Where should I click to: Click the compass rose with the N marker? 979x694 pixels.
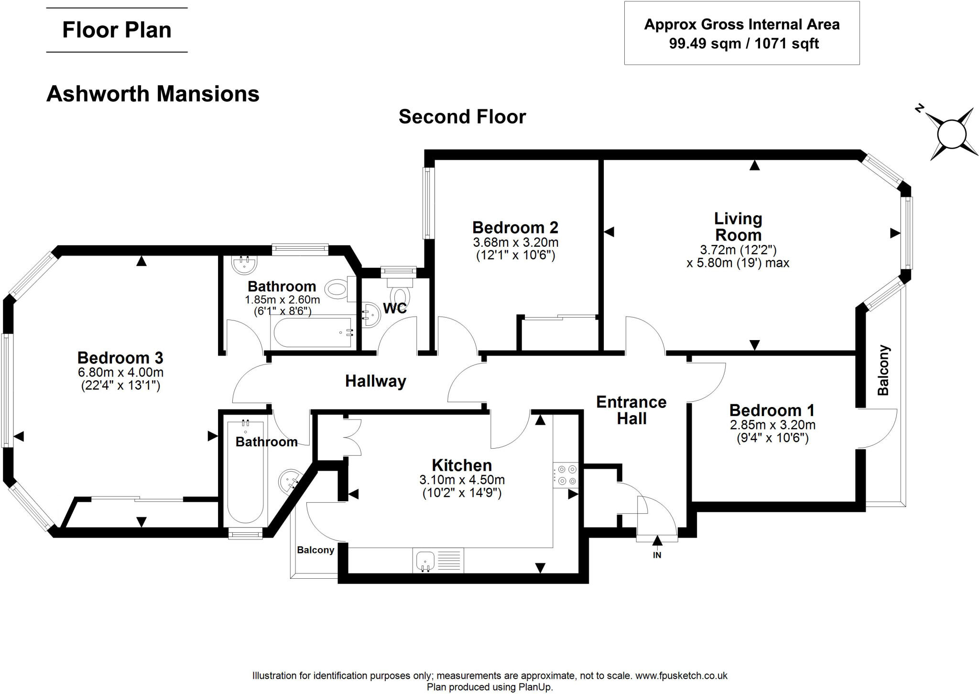click(951, 134)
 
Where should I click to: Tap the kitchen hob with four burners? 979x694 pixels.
click(566, 475)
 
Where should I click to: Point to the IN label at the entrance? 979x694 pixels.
click(657, 555)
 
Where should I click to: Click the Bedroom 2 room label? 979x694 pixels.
click(515, 227)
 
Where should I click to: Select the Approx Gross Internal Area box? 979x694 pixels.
click(741, 33)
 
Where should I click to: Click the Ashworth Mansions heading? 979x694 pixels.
click(153, 94)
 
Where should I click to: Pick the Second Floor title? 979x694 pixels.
click(462, 117)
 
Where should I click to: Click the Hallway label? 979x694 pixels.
click(376, 381)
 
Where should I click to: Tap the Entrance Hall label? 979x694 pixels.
click(631, 410)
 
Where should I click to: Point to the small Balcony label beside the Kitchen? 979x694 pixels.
click(315, 550)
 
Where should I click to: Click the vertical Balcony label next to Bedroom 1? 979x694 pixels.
click(883, 370)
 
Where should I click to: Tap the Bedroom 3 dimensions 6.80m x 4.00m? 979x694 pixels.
click(121, 372)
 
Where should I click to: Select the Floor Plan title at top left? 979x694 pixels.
click(117, 30)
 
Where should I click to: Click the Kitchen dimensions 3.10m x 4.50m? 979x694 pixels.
click(462, 479)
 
